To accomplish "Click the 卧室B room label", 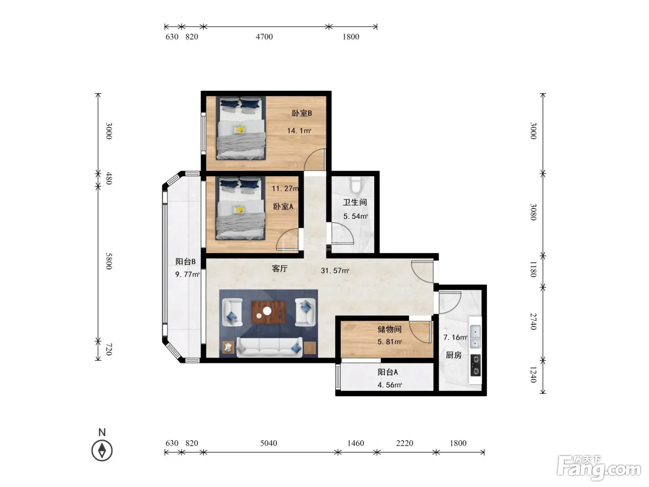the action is click(302, 113).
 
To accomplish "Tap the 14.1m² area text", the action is click(299, 130).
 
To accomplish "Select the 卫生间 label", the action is click(355, 202).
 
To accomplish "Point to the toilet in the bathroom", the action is click(355, 184).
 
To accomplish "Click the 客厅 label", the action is click(280, 269).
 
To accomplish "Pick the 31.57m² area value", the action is click(335, 270).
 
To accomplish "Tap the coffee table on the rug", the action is click(268, 312).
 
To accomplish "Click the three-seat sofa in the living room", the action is click(269, 347).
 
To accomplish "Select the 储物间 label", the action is click(389, 329).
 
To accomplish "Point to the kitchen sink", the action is click(475, 336).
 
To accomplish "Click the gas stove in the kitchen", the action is click(475, 365).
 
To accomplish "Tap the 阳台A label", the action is click(388, 372).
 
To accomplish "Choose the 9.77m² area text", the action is click(187, 275).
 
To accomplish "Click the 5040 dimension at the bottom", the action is click(268, 443).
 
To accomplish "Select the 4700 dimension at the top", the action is click(264, 37).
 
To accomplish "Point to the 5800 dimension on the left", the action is click(109, 261).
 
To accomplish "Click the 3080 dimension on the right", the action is click(533, 211).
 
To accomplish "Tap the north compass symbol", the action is click(102, 451).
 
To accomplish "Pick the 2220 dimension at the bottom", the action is click(405, 443).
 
